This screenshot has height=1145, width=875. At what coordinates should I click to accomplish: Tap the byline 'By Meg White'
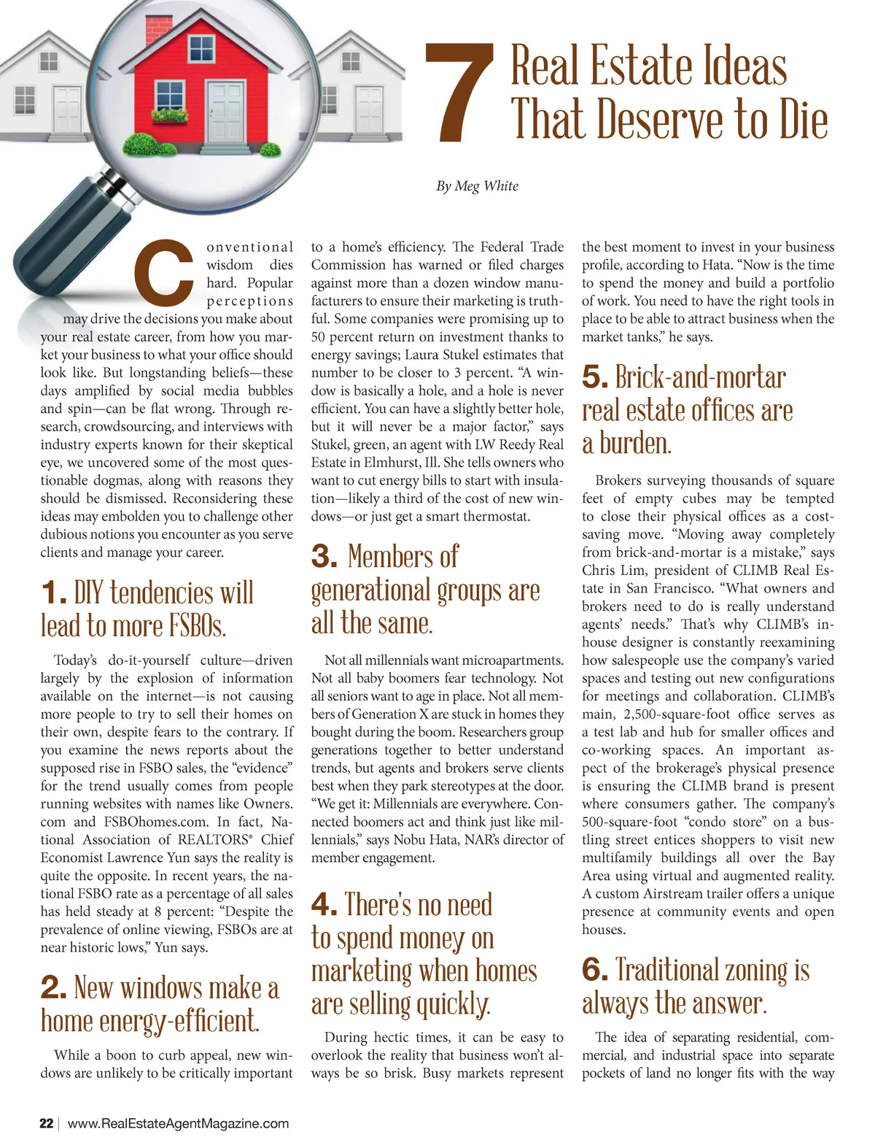click(477, 186)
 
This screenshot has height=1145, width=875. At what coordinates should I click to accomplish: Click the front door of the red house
click(224, 112)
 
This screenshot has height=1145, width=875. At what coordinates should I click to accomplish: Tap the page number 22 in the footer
click(46, 1123)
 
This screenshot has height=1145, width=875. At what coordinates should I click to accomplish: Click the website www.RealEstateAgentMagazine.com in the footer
click(178, 1123)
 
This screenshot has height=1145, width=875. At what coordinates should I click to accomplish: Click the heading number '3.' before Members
click(324, 557)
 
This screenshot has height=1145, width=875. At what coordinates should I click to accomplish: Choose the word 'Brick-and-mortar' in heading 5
click(700, 377)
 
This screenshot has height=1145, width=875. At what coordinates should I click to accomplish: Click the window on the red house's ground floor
click(171, 96)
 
